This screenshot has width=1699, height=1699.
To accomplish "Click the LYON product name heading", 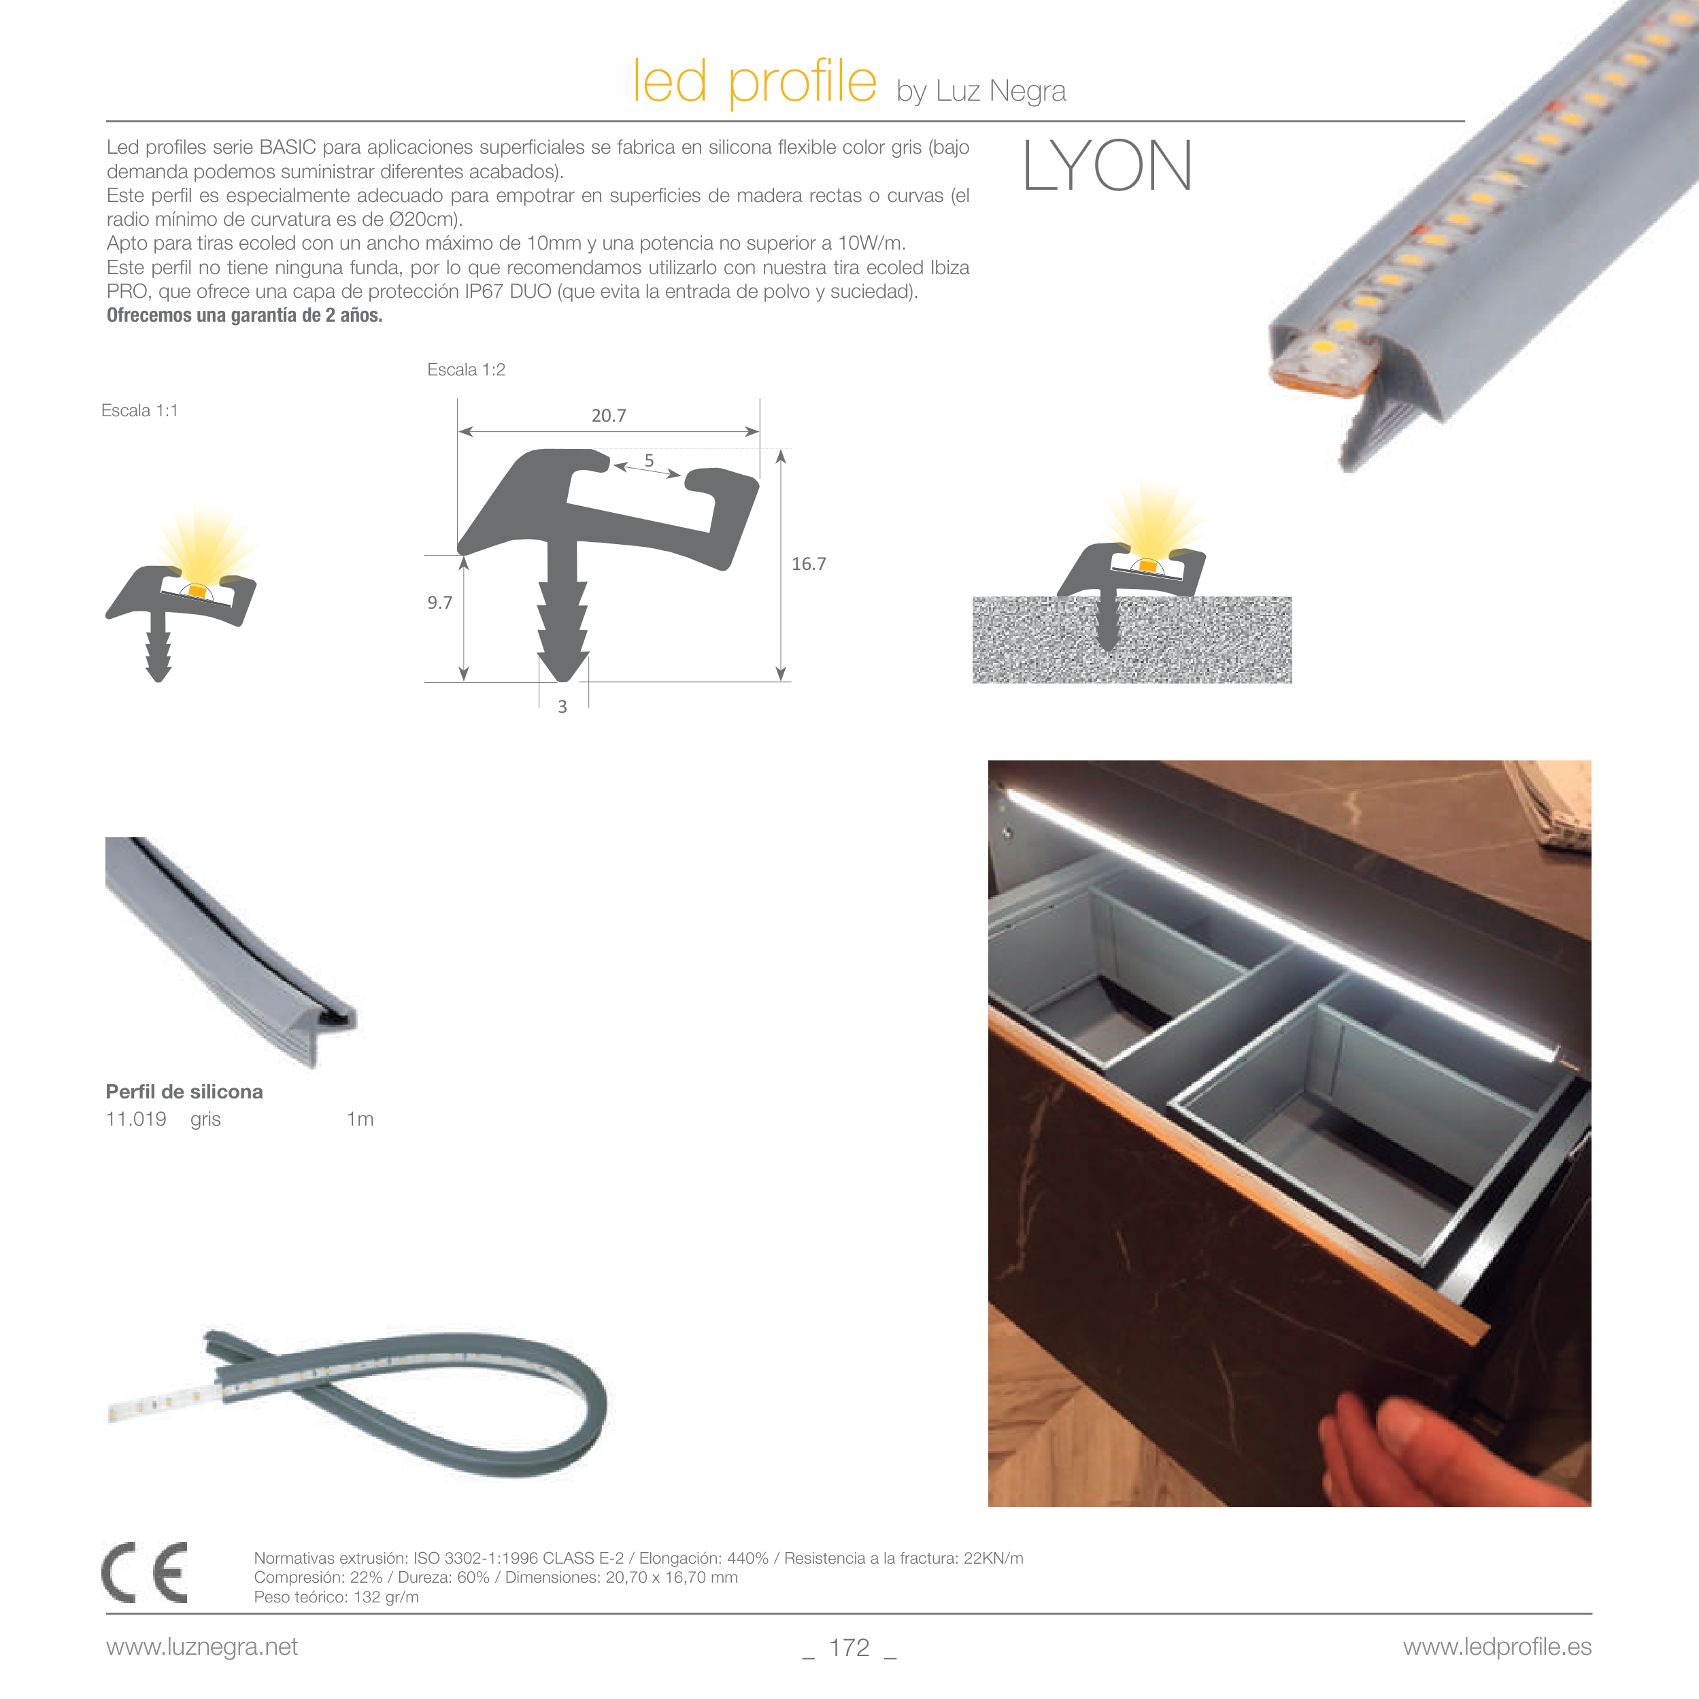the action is pos(1107,165).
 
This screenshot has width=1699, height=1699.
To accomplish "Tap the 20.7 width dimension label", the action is pos(609,415).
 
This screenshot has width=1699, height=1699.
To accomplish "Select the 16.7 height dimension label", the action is pos(808,564).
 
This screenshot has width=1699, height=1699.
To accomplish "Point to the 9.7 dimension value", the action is pos(439,603).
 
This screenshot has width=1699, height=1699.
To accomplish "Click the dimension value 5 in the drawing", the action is pos(649,460).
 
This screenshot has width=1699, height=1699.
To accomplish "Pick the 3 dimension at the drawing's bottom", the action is pos(562,706).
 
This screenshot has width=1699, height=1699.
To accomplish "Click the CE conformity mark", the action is pos(145,1572).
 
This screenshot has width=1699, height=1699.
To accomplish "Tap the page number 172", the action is pos(850,1647).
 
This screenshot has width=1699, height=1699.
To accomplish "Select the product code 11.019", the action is pos(136,1119).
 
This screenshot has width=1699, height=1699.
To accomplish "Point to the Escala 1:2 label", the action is pos(466,369).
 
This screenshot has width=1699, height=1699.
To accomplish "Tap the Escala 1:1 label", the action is pos(140,411).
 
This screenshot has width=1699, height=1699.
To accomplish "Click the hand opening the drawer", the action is pos(1390,1442).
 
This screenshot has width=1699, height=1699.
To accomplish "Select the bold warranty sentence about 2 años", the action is pos(244,315).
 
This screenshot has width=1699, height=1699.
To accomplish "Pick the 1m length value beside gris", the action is pos(360,1119).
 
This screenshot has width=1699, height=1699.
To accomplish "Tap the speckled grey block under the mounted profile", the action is pos(1132,640).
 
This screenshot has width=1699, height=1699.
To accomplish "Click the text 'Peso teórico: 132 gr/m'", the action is pos(336,1597).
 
